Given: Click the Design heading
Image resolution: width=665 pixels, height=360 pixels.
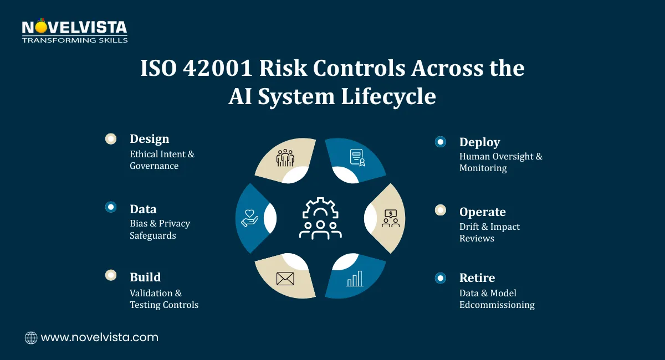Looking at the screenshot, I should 149,139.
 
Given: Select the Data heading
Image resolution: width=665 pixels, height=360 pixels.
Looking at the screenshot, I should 143,209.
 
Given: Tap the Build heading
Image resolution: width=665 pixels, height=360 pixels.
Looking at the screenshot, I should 145,277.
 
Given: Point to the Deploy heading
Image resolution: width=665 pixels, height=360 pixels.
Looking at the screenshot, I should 479,142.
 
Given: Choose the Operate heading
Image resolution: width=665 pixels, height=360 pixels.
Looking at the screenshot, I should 482,212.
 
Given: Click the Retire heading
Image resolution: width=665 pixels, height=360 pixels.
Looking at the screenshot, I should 477,278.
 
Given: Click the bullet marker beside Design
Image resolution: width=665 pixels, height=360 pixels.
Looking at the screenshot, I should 111,139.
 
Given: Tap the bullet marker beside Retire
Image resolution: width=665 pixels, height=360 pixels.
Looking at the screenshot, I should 441,278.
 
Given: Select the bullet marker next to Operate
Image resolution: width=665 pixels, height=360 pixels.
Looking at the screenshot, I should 441,210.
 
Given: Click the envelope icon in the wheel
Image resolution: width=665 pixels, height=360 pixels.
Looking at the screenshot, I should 285,279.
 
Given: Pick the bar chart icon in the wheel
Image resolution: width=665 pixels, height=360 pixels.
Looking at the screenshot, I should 355,279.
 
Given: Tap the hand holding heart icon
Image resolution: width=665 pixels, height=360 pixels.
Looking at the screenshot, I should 250,218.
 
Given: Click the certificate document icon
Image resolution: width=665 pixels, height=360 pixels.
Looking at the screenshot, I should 357,158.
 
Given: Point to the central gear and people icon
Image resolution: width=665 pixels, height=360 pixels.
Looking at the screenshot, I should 320,218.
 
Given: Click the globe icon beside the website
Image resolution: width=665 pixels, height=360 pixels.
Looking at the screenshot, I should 31,338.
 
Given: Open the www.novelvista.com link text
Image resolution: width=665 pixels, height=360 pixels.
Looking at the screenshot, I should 100,337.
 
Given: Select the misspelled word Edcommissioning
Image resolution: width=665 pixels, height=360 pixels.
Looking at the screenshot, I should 497,305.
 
